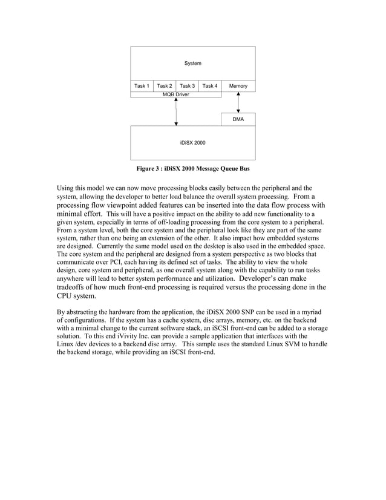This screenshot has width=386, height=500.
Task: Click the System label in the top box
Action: [x=192, y=64]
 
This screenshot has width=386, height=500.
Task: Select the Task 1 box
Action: [x=142, y=87]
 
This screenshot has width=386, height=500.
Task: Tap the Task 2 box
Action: [x=165, y=87]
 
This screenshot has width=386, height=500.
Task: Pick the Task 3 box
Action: [x=187, y=87]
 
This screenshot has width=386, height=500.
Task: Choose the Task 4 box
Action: [x=210, y=87]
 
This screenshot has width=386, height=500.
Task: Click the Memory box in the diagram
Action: [x=238, y=87]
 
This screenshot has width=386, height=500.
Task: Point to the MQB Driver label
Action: [x=175, y=95]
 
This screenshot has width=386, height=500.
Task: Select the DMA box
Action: [x=238, y=120]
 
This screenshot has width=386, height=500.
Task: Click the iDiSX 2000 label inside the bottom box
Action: [x=192, y=143]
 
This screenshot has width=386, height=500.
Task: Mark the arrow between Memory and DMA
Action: [x=238, y=102]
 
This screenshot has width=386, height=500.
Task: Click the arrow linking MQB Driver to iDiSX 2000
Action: [x=176, y=112]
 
